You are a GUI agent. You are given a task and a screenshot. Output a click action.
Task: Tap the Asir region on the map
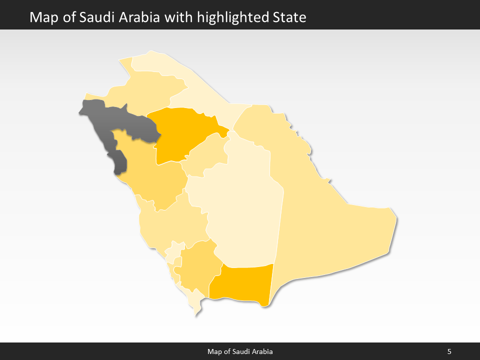click(x=197, y=265)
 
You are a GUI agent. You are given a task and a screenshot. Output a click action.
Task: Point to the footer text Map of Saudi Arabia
click(x=240, y=351)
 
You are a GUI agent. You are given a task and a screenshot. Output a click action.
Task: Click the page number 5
click(x=449, y=351)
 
